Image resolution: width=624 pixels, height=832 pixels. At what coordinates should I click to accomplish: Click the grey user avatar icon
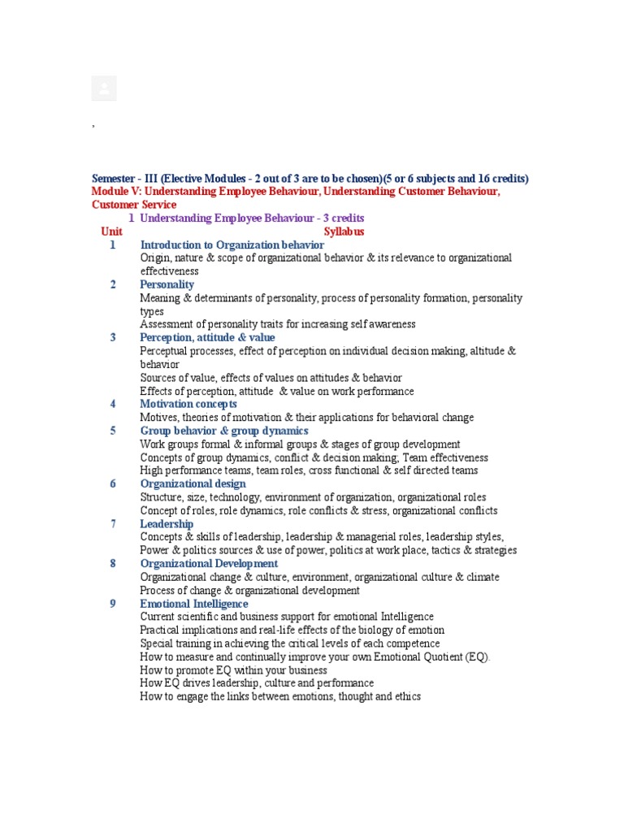coord(104,89)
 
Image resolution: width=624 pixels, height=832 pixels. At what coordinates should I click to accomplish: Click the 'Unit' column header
coord(111,232)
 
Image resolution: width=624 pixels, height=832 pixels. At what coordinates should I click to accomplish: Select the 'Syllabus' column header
coord(344,232)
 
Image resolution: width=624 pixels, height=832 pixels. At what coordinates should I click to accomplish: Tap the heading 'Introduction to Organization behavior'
coord(232,245)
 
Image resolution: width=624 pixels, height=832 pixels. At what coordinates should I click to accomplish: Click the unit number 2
coord(114,284)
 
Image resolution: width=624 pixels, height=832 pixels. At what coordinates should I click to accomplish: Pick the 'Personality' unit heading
coord(167,284)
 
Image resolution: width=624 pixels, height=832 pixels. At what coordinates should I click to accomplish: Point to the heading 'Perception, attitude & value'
coord(207,337)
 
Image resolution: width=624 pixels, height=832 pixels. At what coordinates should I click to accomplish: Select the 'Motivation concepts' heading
coord(188,404)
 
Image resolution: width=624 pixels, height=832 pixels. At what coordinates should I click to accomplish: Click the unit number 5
coord(114,431)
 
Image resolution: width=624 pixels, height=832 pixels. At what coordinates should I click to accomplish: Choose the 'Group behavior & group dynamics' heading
coord(224,431)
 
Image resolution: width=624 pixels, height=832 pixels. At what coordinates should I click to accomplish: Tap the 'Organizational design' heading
coord(193,483)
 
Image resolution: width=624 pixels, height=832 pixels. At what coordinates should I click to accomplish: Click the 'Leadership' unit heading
coord(167,524)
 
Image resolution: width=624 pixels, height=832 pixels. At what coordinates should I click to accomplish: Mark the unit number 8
coord(114,563)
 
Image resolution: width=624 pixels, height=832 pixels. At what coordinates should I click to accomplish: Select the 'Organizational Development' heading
coord(209,563)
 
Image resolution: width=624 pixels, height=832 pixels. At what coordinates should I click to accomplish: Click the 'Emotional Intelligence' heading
coord(194,604)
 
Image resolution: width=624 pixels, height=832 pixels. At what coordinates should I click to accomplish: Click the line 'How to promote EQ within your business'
coord(233,670)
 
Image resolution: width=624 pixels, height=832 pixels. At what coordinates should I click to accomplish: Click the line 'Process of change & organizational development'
coord(249,591)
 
